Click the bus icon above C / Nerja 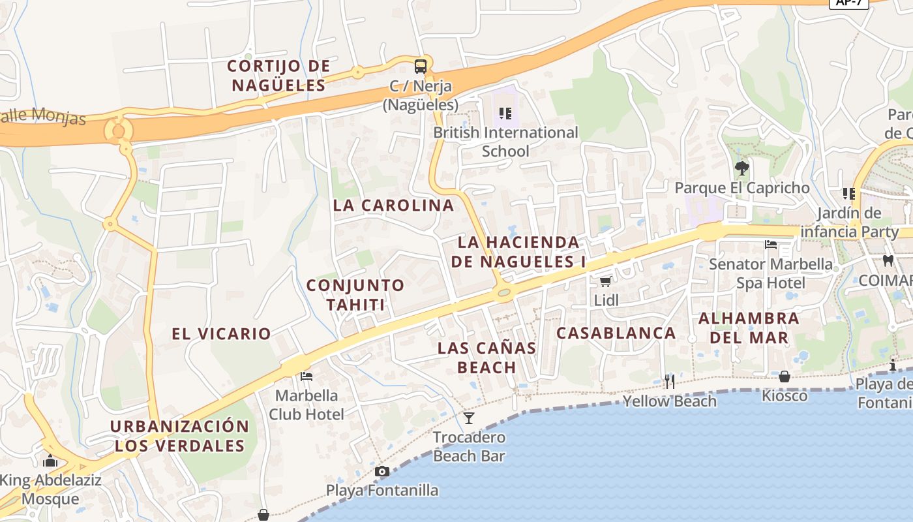[x=421, y=66]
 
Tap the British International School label [x=505, y=142]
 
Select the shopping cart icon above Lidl [x=605, y=281]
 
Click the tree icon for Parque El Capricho [x=741, y=168]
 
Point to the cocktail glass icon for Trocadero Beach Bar [x=469, y=418]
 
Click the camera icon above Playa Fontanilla [x=382, y=471]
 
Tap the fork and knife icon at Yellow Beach [x=669, y=381]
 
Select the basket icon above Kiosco [x=785, y=376]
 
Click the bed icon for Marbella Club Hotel [x=307, y=376]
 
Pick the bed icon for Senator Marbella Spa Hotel [x=771, y=245]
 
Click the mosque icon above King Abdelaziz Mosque [x=50, y=461]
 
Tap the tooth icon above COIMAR [x=887, y=261]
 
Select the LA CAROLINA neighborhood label [x=393, y=205]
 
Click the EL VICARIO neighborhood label [x=221, y=333]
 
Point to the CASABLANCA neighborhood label [x=616, y=333]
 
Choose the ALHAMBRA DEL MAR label [x=749, y=328]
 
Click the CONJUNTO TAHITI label [x=355, y=294]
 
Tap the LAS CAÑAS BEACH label [x=486, y=357]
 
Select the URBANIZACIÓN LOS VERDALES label [x=179, y=436]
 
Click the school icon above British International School [x=505, y=114]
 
